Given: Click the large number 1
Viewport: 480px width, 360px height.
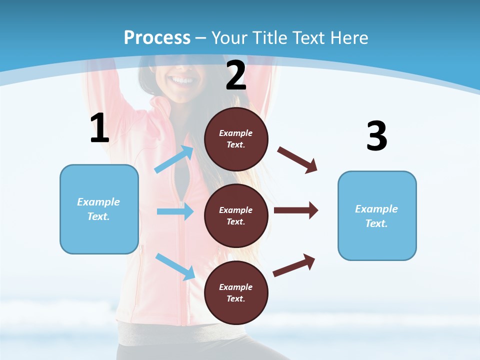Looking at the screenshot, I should click(99, 128).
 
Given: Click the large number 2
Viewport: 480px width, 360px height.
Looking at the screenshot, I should click(236, 75).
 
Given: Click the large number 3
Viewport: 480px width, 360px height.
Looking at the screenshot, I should click(376, 136).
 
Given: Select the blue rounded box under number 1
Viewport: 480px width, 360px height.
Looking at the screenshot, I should click(99, 209).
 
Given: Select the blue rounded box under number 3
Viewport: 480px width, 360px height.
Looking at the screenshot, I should click(377, 216).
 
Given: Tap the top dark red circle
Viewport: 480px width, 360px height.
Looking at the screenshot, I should click(236, 139).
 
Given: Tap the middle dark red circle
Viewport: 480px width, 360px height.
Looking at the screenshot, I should click(236, 215).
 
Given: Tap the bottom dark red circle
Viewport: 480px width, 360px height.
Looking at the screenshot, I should click(236, 292).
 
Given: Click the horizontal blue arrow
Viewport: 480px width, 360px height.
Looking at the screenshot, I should click(175, 211).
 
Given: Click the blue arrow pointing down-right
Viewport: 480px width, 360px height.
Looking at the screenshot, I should click(175, 266).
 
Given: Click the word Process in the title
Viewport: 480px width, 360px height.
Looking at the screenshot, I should click(157, 37).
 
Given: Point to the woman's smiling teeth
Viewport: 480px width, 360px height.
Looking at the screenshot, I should click(182, 80).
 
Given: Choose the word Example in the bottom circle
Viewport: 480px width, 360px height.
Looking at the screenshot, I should click(236, 287).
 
